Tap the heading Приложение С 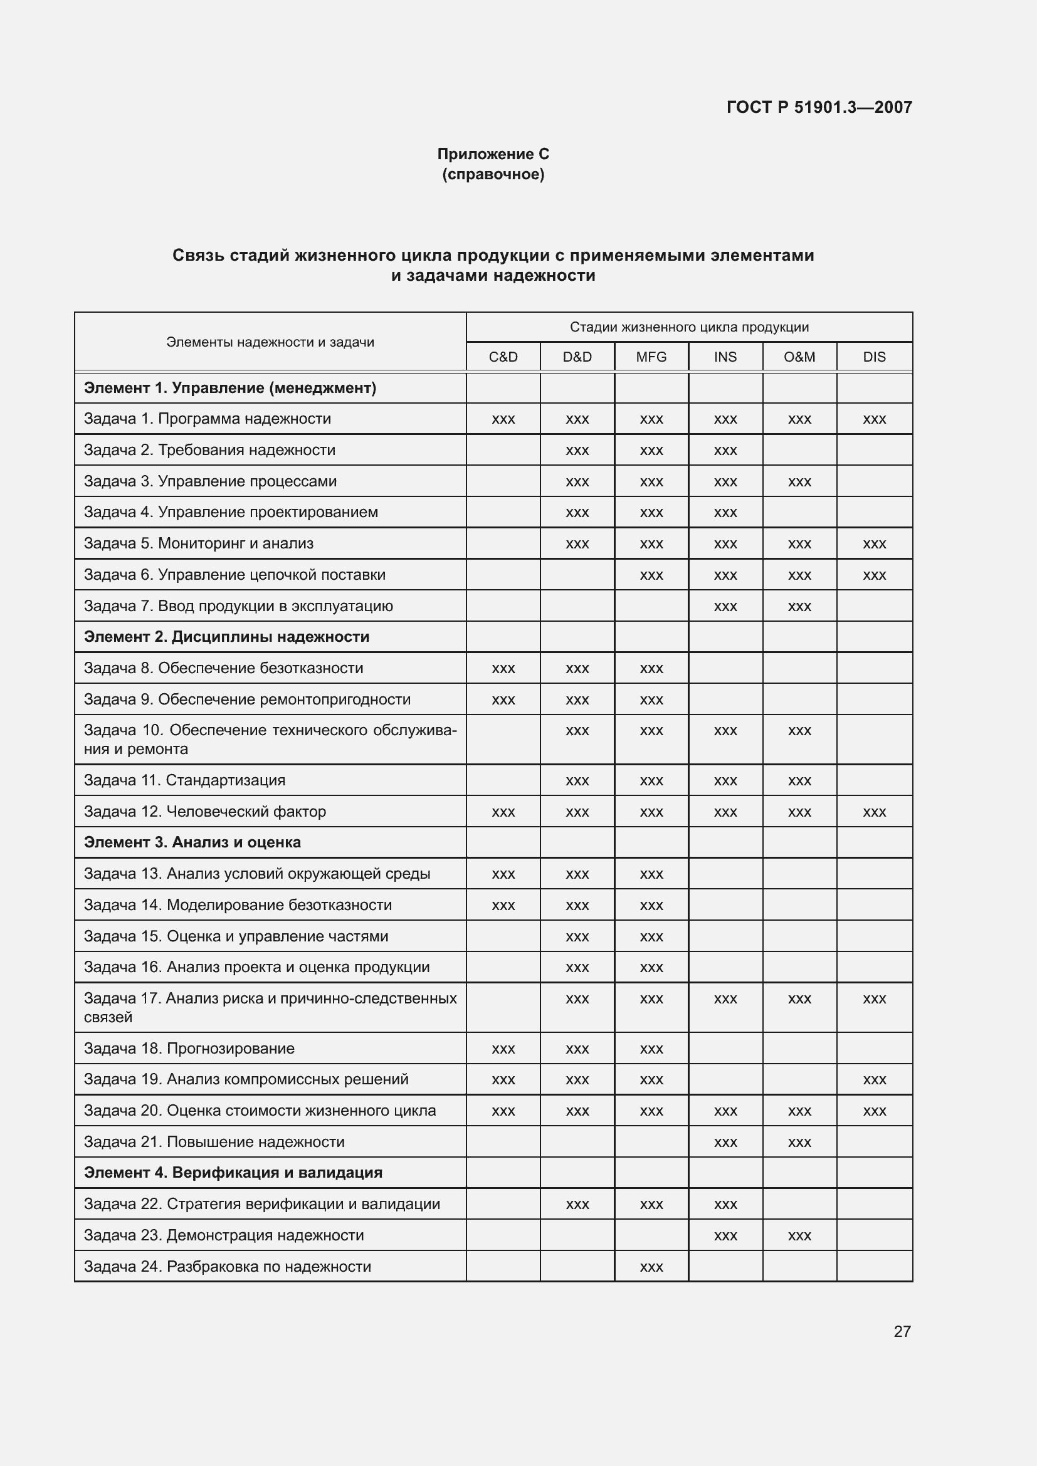click(x=493, y=154)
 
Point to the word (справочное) click(x=493, y=174)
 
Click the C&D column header click(x=503, y=357)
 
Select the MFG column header click(x=651, y=357)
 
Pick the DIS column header click(x=873, y=357)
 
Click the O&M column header click(x=799, y=357)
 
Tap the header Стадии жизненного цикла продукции click(x=689, y=328)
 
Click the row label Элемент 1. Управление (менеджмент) click(x=230, y=388)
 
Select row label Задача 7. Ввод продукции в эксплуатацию click(x=238, y=606)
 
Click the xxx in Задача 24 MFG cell click(x=651, y=1267)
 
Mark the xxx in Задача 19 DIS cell click(x=873, y=1080)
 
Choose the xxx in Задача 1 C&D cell click(x=503, y=419)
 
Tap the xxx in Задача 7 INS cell click(x=725, y=607)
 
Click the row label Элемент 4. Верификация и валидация click(x=233, y=1172)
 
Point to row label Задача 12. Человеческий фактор click(x=205, y=812)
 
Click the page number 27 click(x=902, y=1331)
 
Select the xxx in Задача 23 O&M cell click(x=799, y=1235)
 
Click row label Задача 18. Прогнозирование click(x=189, y=1049)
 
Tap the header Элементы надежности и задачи click(x=270, y=342)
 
